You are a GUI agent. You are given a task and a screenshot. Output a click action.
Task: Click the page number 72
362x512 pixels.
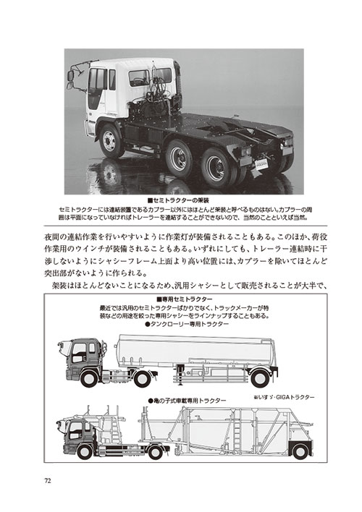[x=48, y=481]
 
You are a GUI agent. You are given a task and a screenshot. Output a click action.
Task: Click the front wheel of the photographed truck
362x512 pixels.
[x=110, y=141]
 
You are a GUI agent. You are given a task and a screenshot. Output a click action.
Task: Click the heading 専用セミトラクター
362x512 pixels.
[x=185, y=299]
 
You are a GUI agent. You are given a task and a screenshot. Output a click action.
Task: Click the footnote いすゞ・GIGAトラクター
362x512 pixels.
[x=284, y=397]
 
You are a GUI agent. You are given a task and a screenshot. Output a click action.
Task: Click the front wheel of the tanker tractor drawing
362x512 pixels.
[x=88, y=379]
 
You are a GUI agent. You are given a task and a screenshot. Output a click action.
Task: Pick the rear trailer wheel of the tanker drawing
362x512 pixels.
[x=260, y=378]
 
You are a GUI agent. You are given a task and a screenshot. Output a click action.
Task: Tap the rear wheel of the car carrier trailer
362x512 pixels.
[x=300, y=451]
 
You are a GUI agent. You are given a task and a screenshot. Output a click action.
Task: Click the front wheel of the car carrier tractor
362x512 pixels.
[x=85, y=452]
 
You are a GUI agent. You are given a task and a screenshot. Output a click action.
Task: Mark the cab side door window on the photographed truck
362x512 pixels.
[x=98, y=79]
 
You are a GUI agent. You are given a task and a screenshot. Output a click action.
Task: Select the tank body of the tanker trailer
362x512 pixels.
[x=196, y=350]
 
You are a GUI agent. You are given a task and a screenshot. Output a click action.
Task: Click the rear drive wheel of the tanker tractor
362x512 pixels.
[x=142, y=379]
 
